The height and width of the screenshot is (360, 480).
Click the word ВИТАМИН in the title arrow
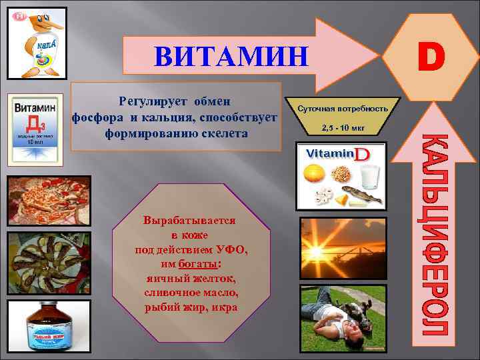click(x=231, y=56)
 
